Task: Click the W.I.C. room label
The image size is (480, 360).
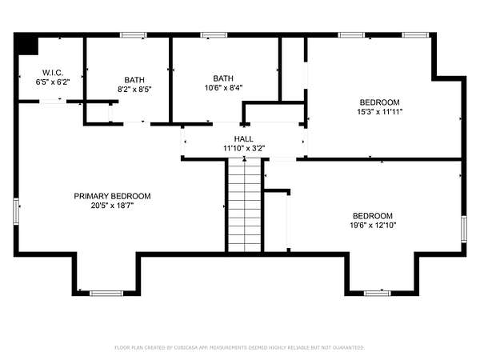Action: click(x=53, y=73)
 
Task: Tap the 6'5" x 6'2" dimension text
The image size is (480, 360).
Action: click(x=53, y=82)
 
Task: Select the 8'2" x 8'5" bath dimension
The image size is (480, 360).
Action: click(x=134, y=90)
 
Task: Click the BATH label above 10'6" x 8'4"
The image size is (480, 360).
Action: click(x=223, y=78)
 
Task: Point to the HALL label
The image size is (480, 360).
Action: click(x=244, y=139)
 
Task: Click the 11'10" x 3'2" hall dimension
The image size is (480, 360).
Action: click(x=244, y=149)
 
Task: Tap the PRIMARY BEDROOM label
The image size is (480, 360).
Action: click(x=112, y=196)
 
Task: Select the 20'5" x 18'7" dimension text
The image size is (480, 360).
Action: click(x=112, y=206)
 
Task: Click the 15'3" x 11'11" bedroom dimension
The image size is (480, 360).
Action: click(x=379, y=112)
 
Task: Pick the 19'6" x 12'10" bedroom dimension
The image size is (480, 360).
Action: click(x=373, y=226)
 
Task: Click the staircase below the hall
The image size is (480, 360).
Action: click(x=244, y=205)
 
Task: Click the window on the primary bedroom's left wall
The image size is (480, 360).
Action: click(x=16, y=211)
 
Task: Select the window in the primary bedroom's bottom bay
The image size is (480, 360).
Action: click(x=106, y=294)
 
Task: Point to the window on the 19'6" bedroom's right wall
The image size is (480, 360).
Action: click(x=464, y=229)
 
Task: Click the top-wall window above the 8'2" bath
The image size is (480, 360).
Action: click(x=133, y=35)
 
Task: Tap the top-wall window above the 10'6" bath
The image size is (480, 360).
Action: click(x=214, y=35)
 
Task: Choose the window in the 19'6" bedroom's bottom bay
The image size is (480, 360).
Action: click(x=378, y=294)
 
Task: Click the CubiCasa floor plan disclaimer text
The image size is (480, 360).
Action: click(x=240, y=347)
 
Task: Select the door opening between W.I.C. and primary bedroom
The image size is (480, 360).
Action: click(x=53, y=102)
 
